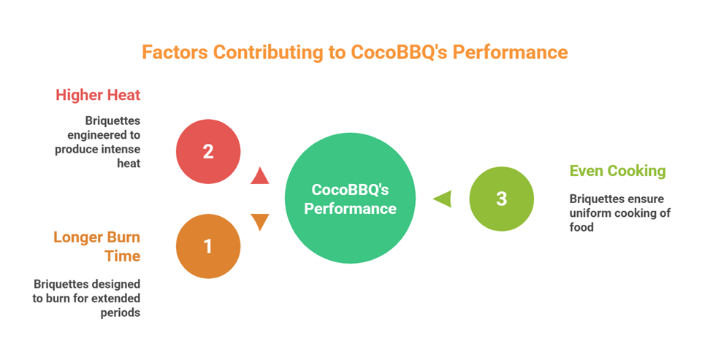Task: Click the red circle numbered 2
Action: pyautogui.click(x=208, y=151)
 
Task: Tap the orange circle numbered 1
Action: pyautogui.click(x=208, y=246)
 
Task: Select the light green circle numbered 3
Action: pyautogui.click(x=501, y=199)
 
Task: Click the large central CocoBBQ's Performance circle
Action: pyautogui.click(x=350, y=199)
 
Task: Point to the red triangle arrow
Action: pyautogui.click(x=260, y=176)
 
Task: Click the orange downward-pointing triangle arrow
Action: pyautogui.click(x=260, y=222)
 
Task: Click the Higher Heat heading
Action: pyautogui.click(x=98, y=95)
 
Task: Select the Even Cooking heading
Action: pyautogui.click(x=618, y=171)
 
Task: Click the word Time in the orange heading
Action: pyautogui.click(x=123, y=256)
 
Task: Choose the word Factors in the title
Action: pyautogui.click(x=175, y=52)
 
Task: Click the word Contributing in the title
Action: pyautogui.click(x=267, y=52)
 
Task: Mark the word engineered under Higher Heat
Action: pyautogui.click(x=104, y=135)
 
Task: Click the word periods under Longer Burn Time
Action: pyautogui.click(x=120, y=313)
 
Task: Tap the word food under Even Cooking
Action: pyautogui.click(x=581, y=227)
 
